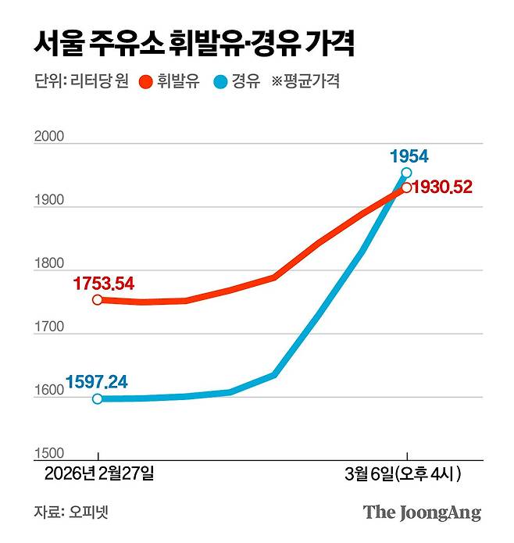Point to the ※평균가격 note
(x=305, y=81)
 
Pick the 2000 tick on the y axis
(x=49, y=138)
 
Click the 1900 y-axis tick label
(x=49, y=201)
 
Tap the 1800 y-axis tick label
(x=49, y=264)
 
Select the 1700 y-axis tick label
(x=49, y=327)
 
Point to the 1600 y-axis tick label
(x=49, y=391)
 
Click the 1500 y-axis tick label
(x=49, y=454)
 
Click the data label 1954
(x=409, y=155)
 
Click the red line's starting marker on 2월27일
(x=98, y=299)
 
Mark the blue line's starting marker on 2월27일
(x=98, y=398)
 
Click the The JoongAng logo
(x=422, y=513)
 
